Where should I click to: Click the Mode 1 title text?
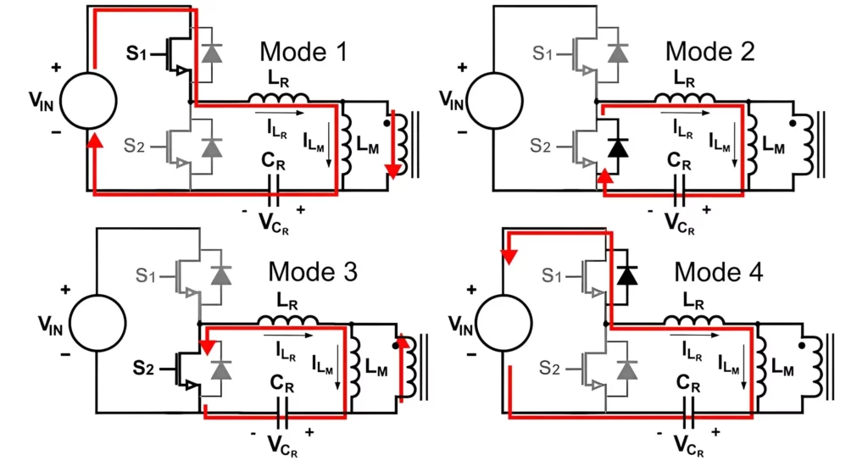tap(304, 53)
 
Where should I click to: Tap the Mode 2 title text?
tap(709, 52)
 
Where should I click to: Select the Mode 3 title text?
tap(313, 272)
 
